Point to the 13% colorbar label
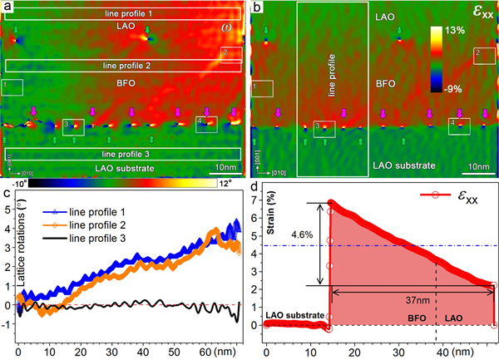click(x=467, y=28)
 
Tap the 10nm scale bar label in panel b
click(x=477, y=166)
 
